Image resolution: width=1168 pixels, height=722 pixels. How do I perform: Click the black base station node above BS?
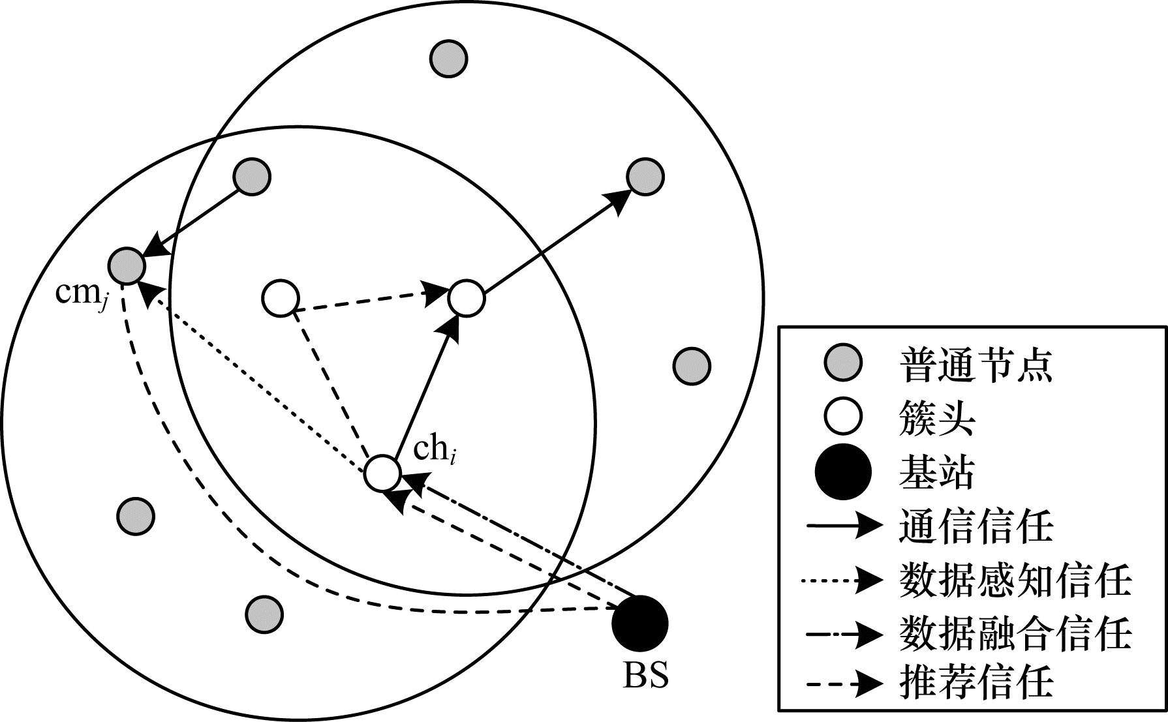point(639,623)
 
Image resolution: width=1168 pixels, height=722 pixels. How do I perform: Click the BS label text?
point(645,676)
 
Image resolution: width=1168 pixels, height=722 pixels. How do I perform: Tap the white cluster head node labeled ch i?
point(382,474)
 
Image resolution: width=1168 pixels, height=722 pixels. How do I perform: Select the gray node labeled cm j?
point(127,265)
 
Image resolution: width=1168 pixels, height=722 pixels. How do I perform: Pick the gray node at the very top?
point(448,59)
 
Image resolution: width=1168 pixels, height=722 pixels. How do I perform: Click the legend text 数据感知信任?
point(1015,580)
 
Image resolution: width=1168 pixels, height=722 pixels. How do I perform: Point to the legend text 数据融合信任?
point(1015,633)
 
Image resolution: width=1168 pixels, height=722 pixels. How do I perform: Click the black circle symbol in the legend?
point(843,472)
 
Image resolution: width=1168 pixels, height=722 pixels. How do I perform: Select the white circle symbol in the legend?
point(843,418)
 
